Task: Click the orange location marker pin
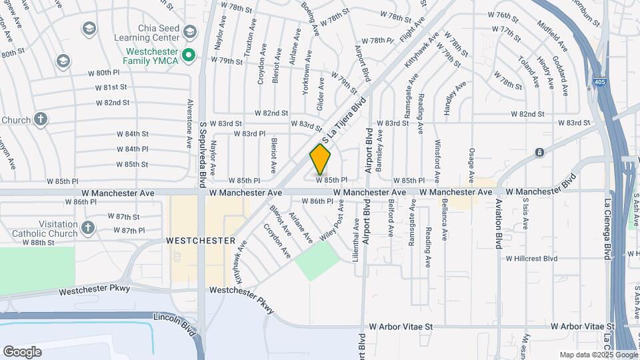(x=320, y=160)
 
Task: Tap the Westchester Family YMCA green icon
(x=189, y=55)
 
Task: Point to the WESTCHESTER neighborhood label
(x=201, y=240)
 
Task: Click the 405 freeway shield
(x=601, y=83)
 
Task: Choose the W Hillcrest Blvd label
(x=531, y=258)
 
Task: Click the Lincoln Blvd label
(x=176, y=319)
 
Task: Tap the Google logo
(x=22, y=351)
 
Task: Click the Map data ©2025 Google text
(x=597, y=355)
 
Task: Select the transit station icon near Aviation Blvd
(x=539, y=153)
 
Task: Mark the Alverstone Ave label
(x=190, y=123)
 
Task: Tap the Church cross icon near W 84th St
(x=40, y=120)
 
